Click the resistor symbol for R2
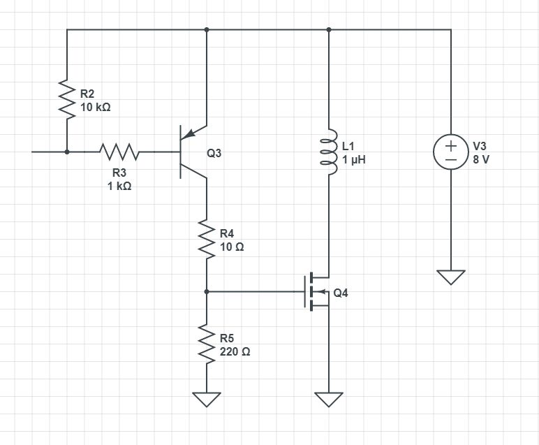point(67,99)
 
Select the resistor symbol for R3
point(119,151)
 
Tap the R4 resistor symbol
point(207,238)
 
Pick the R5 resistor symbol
point(207,343)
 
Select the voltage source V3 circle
point(451,152)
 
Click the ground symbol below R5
point(207,400)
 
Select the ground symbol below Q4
point(329,400)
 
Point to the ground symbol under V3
point(451,277)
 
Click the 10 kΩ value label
point(96,108)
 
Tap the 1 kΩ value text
point(119,187)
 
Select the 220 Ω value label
point(235,352)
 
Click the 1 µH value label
point(354,160)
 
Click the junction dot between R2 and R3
point(67,151)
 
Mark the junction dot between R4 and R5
point(207,291)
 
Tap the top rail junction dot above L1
point(329,29)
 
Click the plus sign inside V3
point(451,145)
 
